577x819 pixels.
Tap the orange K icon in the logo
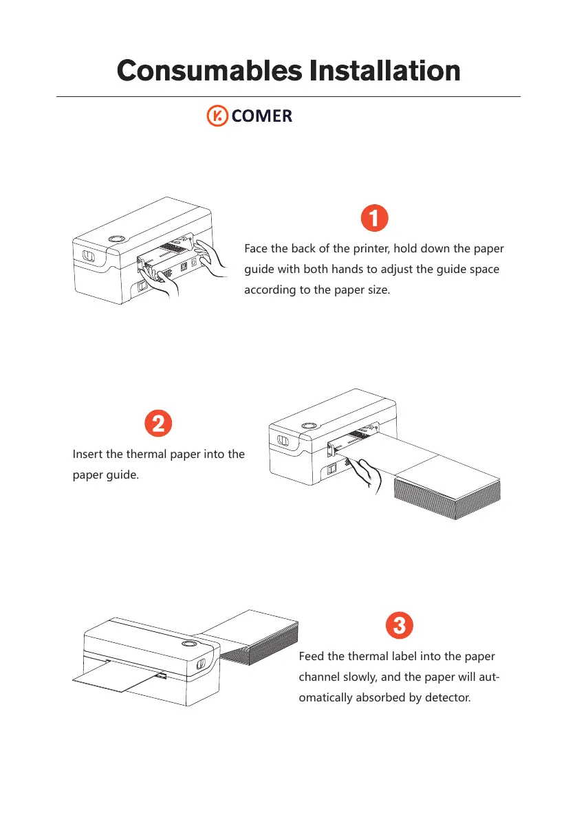(218, 116)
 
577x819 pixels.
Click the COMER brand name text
(262, 116)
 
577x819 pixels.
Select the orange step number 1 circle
(374, 219)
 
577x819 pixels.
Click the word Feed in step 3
(312, 656)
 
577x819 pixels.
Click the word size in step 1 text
(375, 290)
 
